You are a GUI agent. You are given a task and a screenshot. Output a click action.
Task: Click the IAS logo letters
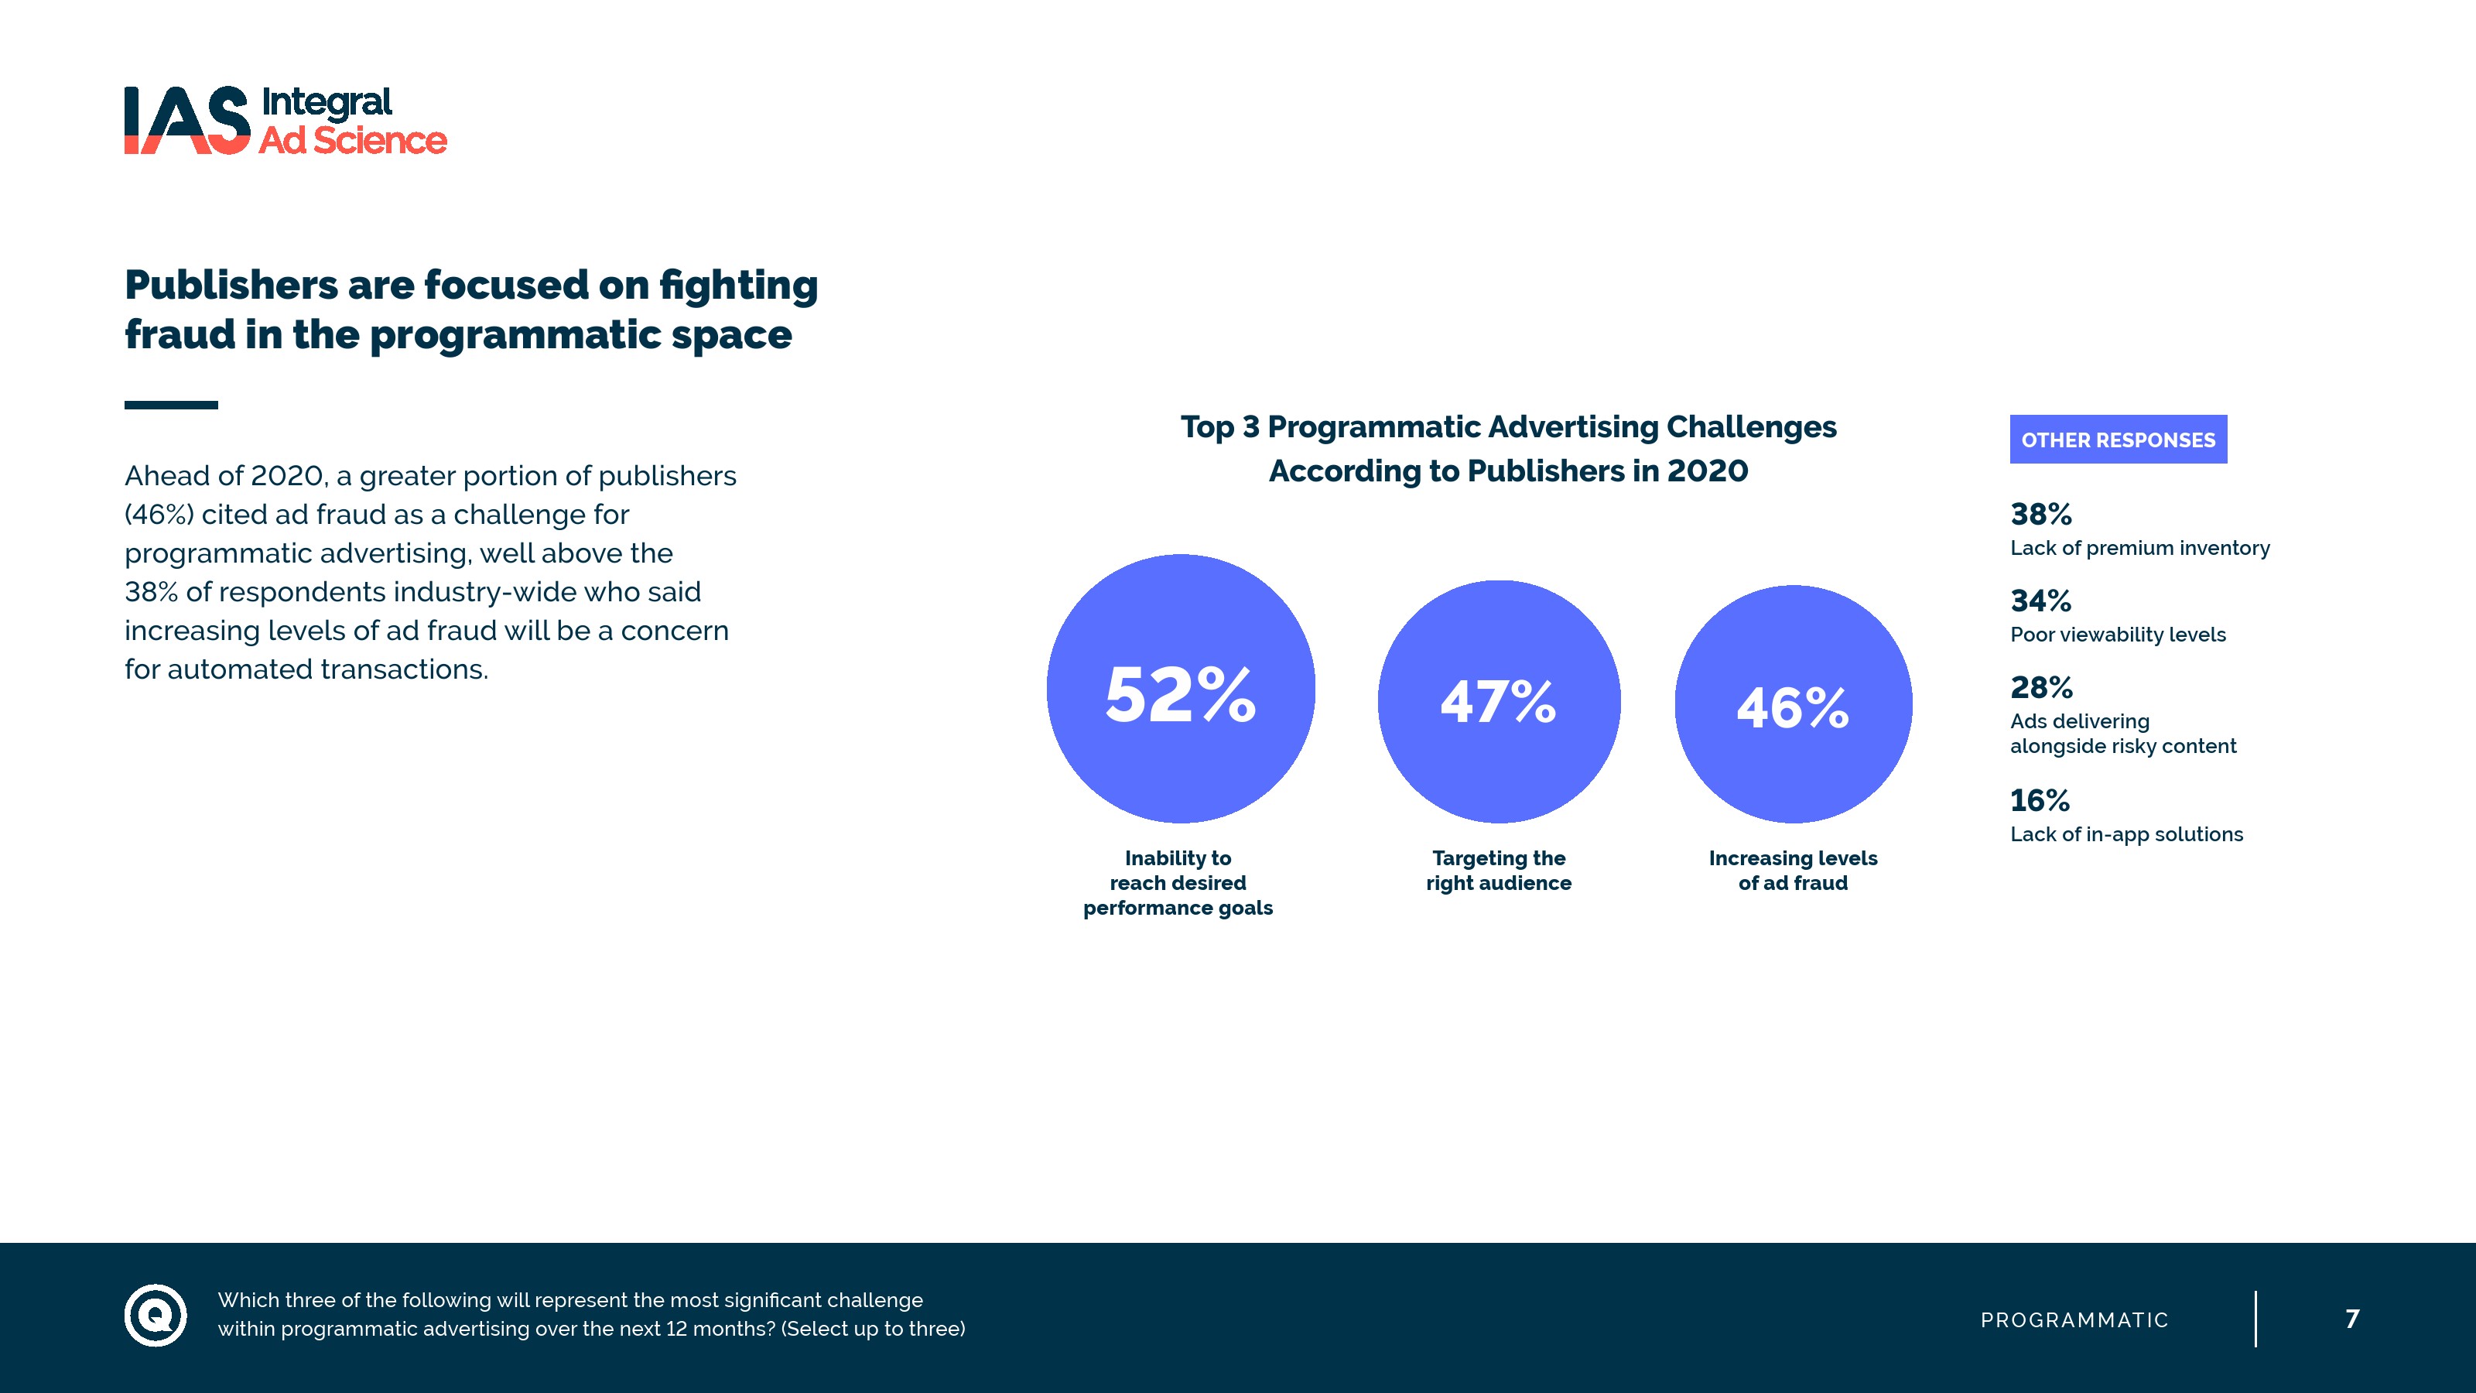pyautogui.click(x=186, y=120)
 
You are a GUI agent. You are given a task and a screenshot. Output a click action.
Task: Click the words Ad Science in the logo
pyautogui.click(x=353, y=140)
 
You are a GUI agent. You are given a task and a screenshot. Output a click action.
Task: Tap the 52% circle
pyautogui.click(x=1180, y=688)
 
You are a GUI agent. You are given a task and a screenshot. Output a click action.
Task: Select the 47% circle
pyautogui.click(x=1499, y=701)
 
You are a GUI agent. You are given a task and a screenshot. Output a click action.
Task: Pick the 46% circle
pyautogui.click(x=1793, y=705)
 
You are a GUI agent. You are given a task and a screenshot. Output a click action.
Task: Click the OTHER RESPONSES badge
pyautogui.click(x=2118, y=440)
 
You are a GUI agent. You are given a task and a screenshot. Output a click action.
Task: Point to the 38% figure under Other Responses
pyautogui.click(x=2040, y=515)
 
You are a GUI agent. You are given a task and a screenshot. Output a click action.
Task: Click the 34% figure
pyautogui.click(x=2040, y=601)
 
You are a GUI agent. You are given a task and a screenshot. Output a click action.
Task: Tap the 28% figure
pyautogui.click(x=2040, y=687)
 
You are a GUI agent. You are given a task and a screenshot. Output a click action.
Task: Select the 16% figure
pyautogui.click(x=2040, y=800)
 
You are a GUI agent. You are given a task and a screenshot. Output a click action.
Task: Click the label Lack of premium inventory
pyautogui.click(x=2139, y=548)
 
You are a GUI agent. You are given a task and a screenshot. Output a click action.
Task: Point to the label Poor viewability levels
pyautogui.click(x=2118, y=635)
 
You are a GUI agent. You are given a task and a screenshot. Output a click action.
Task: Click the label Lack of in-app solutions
pyautogui.click(x=2126, y=834)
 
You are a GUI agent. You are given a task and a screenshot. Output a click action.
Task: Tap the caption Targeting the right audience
pyautogui.click(x=1499, y=870)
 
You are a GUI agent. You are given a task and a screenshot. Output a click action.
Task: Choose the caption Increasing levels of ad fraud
pyautogui.click(x=1793, y=870)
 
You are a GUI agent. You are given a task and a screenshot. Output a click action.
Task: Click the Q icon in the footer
pyautogui.click(x=156, y=1314)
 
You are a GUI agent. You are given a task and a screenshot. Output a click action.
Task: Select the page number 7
pyautogui.click(x=2352, y=1318)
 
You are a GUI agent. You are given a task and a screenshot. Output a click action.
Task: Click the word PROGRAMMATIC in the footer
pyautogui.click(x=2074, y=1320)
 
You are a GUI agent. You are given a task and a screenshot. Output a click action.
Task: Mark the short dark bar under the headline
pyautogui.click(x=171, y=405)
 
